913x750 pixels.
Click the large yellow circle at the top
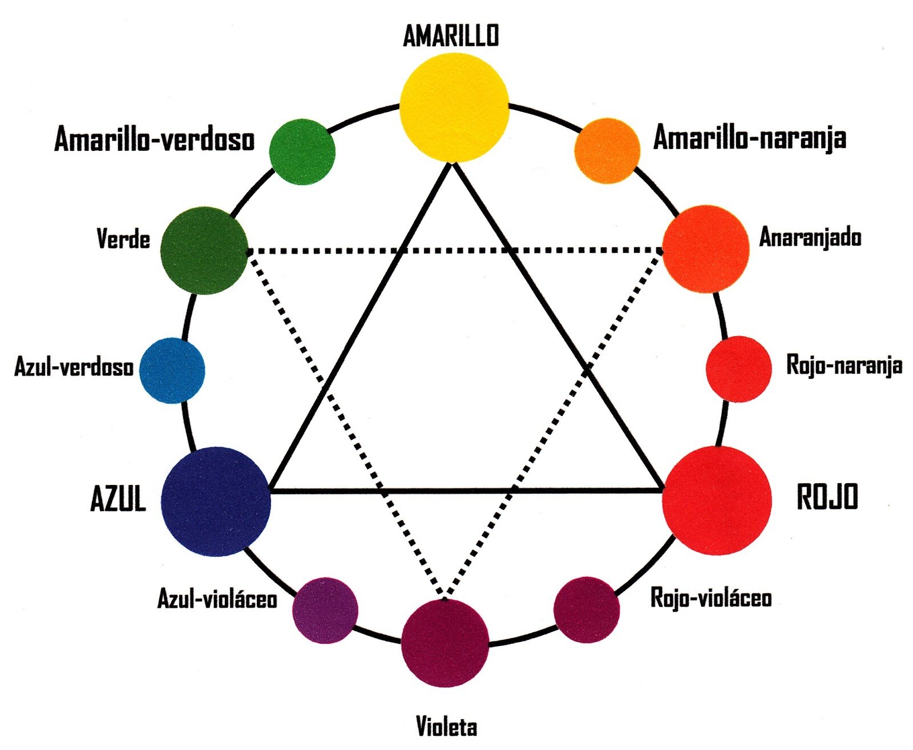point(454,107)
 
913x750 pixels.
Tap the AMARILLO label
point(451,35)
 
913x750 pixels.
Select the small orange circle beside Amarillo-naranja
point(607,151)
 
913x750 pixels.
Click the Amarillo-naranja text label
point(749,138)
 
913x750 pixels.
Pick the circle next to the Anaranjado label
point(706,249)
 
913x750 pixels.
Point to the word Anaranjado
point(810,237)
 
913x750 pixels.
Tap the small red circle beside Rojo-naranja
point(738,369)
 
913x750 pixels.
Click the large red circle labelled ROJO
point(717,500)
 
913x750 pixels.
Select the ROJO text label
point(827,496)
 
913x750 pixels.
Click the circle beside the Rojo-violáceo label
point(587,609)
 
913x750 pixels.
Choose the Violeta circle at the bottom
point(445,643)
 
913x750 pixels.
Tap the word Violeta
point(446,727)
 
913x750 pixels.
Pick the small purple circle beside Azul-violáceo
point(325,610)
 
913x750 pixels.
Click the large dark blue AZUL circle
point(216,501)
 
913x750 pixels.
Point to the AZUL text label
point(118,499)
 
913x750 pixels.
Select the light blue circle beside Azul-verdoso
point(172,370)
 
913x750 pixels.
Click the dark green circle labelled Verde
point(204,250)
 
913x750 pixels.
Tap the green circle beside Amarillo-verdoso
point(302,151)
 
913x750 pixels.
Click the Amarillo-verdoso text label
point(154,139)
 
